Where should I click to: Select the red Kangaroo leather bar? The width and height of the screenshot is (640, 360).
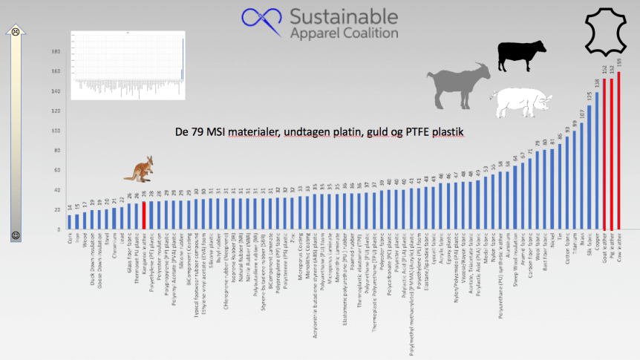(x=143, y=215)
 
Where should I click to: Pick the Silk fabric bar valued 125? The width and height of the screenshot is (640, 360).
(x=590, y=167)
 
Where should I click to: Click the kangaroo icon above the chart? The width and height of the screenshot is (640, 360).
(x=138, y=168)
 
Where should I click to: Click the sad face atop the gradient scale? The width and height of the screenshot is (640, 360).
(x=16, y=32)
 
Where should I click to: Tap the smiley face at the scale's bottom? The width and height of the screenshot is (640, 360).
(x=15, y=235)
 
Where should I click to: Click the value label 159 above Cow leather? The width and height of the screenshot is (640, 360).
(x=619, y=67)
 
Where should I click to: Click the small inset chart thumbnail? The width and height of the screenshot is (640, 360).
(x=127, y=65)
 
